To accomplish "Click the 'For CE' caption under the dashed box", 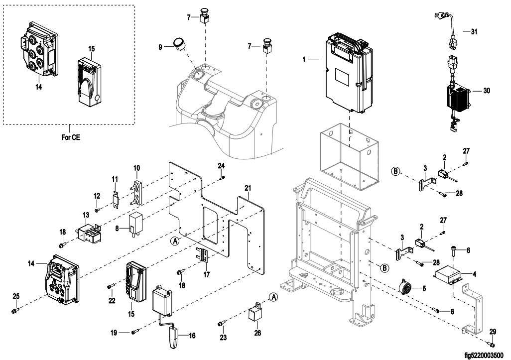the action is (70, 137).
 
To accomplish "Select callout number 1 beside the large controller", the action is (304, 60).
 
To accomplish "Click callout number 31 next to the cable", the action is (474, 31).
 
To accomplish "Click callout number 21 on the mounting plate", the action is (248, 188).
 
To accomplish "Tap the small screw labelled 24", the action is (222, 178).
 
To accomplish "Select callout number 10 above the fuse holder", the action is (137, 168).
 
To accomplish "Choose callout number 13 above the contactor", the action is (86, 215).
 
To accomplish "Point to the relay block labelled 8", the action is (135, 223).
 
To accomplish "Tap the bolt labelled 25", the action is (14, 311).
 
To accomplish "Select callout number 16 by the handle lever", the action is (192, 335).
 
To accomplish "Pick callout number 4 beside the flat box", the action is (474, 274).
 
